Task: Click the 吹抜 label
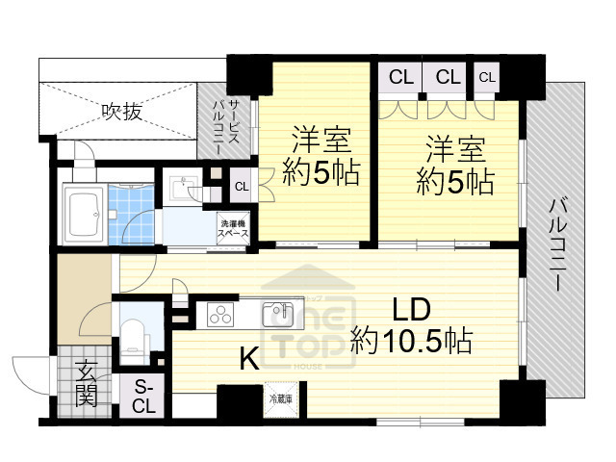122,112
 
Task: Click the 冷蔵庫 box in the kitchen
280,398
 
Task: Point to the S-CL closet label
143,396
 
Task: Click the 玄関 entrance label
87,382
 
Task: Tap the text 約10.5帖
411,340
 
